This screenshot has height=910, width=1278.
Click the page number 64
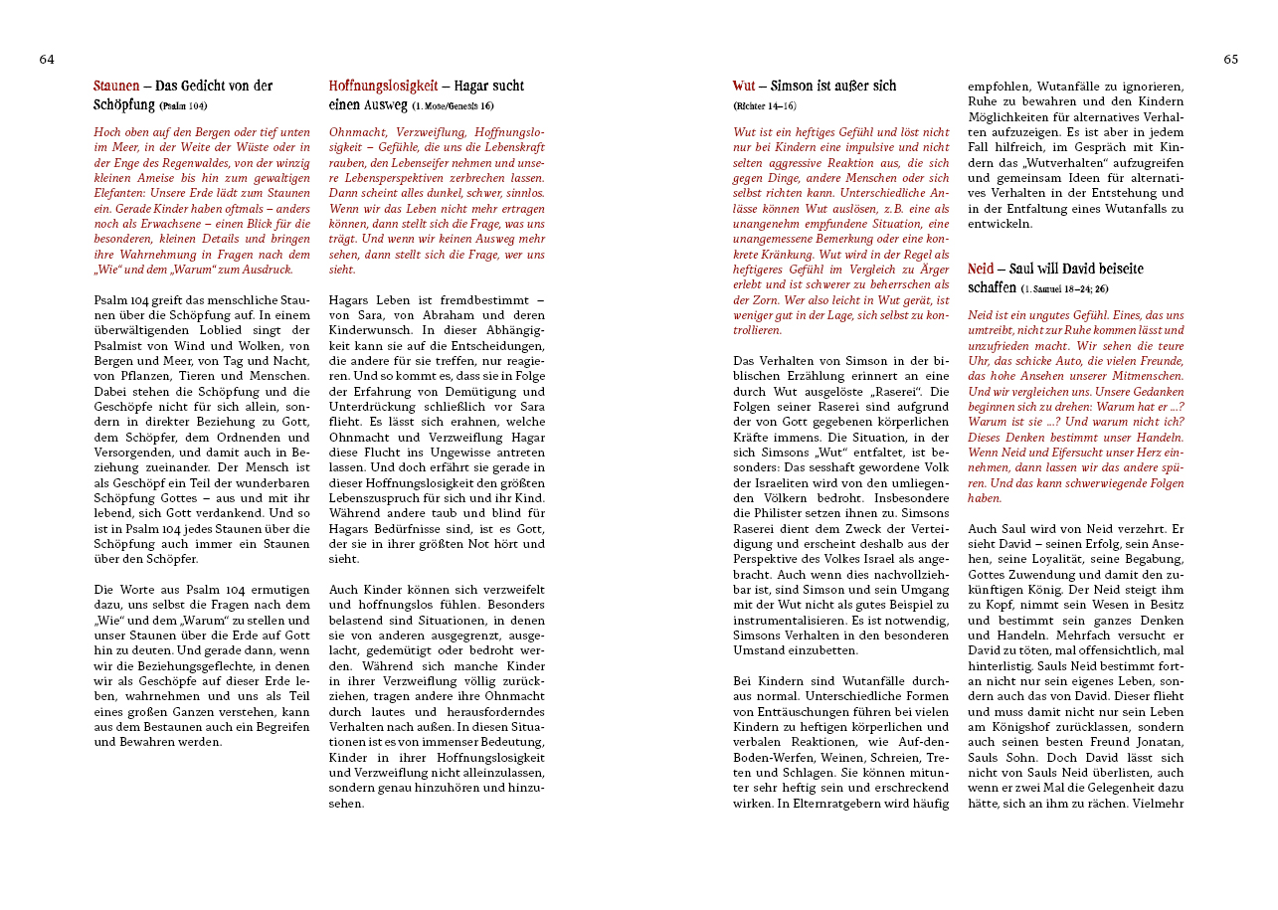point(47,60)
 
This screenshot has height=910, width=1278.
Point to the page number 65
point(1230,60)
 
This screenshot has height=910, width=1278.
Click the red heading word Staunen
point(116,87)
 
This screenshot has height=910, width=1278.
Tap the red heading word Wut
point(743,87)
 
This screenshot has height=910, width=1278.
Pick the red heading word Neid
point(981,270)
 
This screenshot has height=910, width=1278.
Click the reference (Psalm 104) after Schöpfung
point(183,105)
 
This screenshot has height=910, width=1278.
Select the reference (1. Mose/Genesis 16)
point(453,105)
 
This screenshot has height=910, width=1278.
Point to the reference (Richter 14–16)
point(765,105)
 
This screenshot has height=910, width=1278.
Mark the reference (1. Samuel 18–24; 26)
point(1064,288)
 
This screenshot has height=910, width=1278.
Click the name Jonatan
point(1158,727)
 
